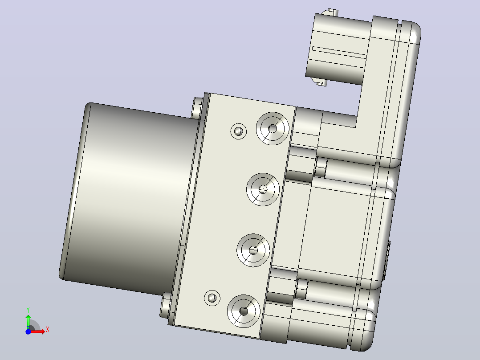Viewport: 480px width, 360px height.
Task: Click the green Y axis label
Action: [28, 310]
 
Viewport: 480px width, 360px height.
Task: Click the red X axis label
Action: [48, 330]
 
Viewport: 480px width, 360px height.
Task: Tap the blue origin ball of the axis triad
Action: [28, 331]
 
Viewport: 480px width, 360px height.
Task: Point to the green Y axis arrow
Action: [28, 321]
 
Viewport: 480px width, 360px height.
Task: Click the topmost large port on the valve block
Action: [273, 128]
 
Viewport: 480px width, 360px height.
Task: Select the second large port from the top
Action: [263, 189]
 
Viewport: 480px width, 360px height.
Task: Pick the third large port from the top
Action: [253, 250]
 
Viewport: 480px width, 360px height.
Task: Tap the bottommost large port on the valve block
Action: [244, 311]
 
